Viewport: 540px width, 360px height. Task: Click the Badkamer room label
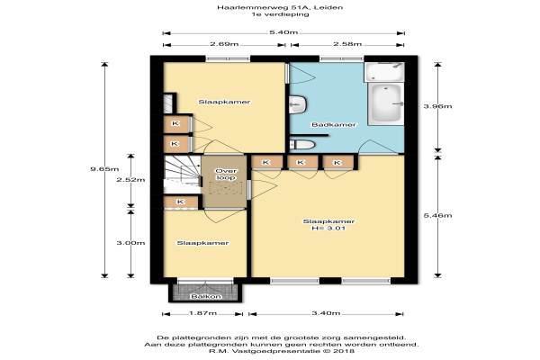(333, 124)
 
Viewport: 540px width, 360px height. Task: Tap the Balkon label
(206, 296)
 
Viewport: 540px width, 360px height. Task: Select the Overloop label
(226, 175)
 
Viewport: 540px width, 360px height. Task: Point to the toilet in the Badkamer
(302, 144)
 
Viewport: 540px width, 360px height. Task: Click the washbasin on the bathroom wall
(298, 104)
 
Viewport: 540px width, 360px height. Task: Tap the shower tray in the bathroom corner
(384, 72)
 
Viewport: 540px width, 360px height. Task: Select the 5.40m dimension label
(283, 32)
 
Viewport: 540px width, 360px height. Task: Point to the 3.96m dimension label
(437, 106)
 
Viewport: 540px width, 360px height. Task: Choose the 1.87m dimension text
(202, 313)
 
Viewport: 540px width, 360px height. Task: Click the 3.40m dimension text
(326, 313)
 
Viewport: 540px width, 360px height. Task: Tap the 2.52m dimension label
(130, 179)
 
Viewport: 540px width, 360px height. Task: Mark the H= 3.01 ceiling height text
(328, 228)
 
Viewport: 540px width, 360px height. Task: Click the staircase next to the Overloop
(182, 175)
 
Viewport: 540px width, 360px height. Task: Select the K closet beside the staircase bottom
(181, 202)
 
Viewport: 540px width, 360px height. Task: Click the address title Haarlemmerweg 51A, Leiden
(280, 7)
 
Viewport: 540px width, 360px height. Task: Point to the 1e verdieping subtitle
(280, 14)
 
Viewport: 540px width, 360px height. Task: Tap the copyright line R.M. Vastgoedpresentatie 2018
(282, 351)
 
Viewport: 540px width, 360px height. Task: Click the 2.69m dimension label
(224, 44)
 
